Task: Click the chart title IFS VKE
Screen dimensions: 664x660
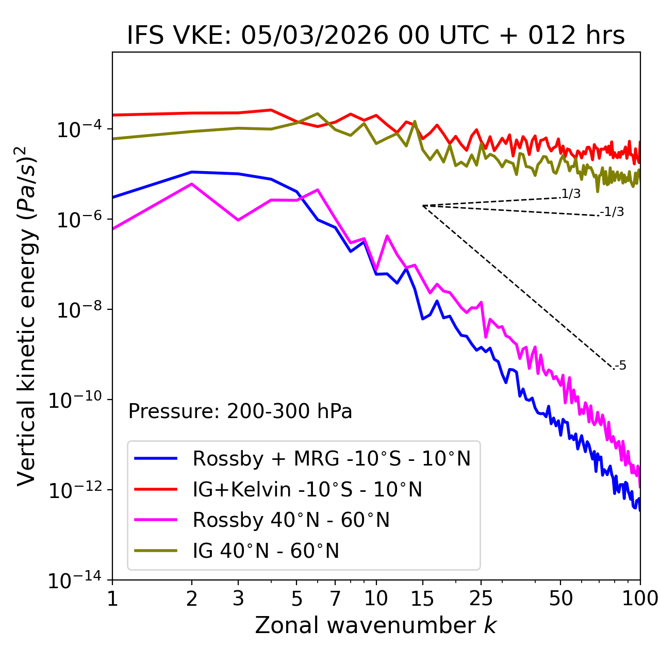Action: pos(376,36)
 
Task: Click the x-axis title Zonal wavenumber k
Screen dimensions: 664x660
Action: pos(376,625)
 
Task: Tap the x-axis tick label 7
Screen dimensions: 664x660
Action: pos(335,599)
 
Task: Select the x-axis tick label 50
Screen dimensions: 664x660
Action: pos(561,599)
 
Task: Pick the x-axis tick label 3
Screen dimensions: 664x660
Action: pos(238,599)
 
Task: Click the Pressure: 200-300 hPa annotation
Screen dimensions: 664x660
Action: pos(240,411)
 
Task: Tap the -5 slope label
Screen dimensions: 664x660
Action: pos(621,366)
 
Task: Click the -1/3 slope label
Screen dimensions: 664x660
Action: pos(613,212)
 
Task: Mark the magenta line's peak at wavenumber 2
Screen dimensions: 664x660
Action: pos(192,184)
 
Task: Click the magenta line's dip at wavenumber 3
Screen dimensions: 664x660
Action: pos(238,220)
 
